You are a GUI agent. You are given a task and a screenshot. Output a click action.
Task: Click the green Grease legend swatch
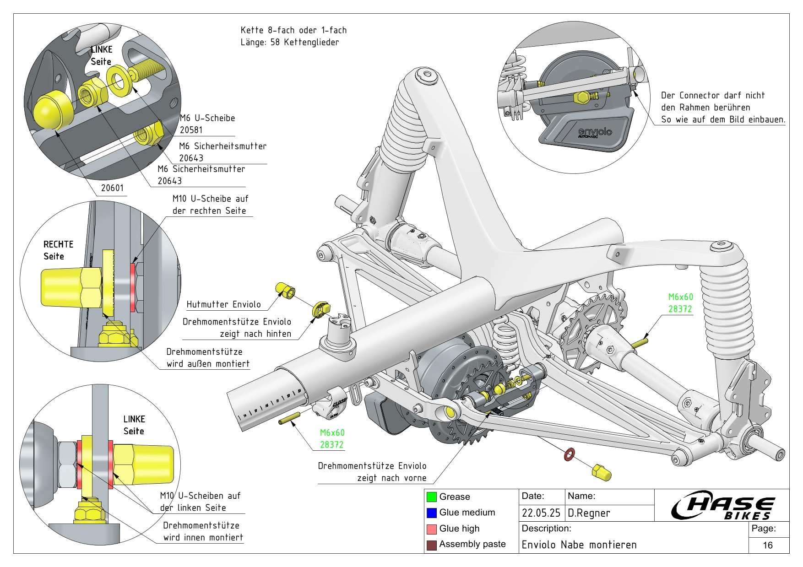(431, 497)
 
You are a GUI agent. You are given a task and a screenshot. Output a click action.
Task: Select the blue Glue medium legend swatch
(431, 513)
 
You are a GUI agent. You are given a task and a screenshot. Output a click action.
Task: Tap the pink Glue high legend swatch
(431, 529)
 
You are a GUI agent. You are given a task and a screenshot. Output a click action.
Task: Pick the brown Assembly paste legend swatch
(431, 545)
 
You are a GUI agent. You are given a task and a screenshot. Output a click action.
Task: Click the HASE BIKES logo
(722, 506)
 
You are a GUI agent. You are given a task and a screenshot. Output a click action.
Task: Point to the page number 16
(768, 545)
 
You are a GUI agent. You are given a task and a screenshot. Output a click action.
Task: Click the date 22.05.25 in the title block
(541, 513)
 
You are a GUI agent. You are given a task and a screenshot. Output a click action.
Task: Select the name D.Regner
(589, 513)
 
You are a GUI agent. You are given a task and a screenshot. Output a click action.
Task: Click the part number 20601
(112, 188)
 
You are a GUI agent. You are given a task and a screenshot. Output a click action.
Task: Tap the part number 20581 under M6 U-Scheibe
(191, 130)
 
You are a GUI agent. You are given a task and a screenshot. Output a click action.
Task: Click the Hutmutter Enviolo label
(223, 304)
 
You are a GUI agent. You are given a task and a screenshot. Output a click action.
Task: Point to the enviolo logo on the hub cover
(595, 132)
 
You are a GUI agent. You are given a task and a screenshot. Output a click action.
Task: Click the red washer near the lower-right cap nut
(569, 455)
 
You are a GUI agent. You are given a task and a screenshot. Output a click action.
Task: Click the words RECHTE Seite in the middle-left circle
(58, 250)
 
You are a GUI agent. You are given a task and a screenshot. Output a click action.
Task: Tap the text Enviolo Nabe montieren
(579, 545)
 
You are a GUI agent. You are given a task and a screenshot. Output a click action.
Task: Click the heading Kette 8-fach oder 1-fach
(293, 30)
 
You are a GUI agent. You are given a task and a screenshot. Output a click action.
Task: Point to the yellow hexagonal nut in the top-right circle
(582, 97)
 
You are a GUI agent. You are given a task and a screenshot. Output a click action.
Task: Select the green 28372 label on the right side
(680, 309)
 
